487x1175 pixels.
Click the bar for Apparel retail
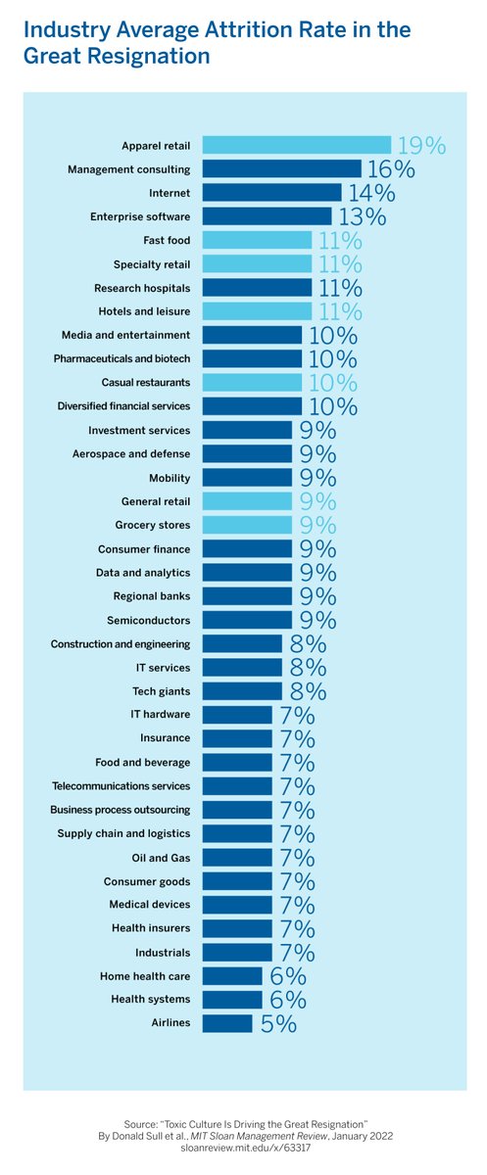click(296, 145)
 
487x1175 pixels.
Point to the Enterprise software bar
click(267, 216)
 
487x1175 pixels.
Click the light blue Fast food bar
click(257, 240)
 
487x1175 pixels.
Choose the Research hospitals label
click(142, 288)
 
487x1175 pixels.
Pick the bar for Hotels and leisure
click(257, 311)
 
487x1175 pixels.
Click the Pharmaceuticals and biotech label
click(122, 359)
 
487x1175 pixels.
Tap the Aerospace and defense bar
click(247, 453)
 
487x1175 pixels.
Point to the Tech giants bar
click(242, 691)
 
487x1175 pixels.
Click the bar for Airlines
click(227, 1023)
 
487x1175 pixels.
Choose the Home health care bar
click(232, 976)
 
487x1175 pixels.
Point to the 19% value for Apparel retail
click(420, 146)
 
